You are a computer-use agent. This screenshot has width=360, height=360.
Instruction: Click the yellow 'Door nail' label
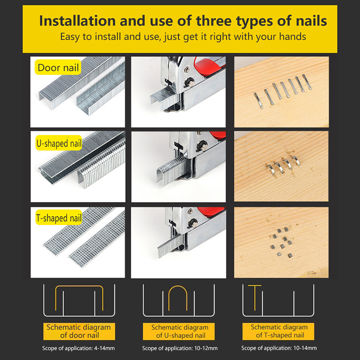[58, 67]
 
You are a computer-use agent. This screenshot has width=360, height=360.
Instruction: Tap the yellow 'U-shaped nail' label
[59, 143]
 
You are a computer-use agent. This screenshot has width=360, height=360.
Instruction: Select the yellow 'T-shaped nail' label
[59, 217]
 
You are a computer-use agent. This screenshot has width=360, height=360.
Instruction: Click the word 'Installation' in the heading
[77, 21]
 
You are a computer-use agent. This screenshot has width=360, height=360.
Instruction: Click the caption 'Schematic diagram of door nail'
[79, 331]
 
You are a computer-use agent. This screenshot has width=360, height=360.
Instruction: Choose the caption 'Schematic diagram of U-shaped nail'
[179, 331]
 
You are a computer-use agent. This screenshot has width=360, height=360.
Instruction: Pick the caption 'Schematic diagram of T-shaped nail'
[278, 331]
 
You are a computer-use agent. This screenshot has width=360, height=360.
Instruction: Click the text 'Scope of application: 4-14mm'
[78, 348]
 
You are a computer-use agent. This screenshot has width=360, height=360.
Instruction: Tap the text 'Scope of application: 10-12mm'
[180, 348]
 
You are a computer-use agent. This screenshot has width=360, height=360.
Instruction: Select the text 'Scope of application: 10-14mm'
[279, 348]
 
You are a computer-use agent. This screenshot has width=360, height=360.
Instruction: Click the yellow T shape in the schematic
[255, 298]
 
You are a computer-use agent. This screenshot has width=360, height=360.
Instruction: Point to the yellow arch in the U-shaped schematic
[178, 286]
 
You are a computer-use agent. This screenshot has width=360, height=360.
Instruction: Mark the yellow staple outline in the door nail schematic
[79, 286]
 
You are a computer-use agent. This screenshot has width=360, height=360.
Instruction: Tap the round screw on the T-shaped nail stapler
[193, 223]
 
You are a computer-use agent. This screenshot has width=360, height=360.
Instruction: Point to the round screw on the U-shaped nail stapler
[202, 146]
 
